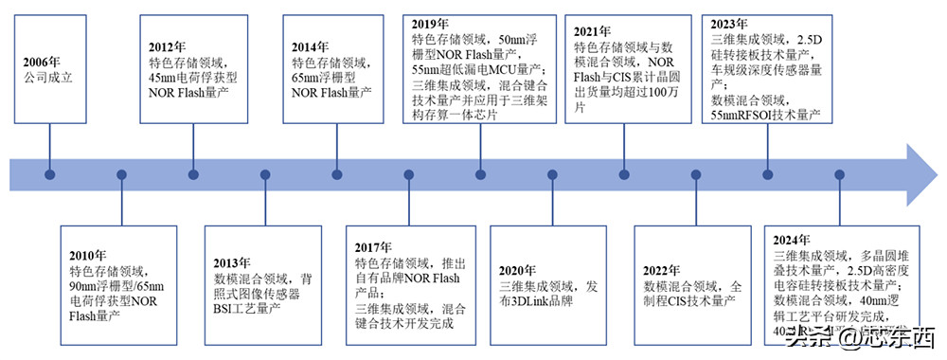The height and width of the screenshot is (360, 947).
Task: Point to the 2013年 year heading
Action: tap(232, 262)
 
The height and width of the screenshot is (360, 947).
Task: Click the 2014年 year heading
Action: tap(312, 46)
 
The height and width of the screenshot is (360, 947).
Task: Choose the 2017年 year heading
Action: tap(373, 247)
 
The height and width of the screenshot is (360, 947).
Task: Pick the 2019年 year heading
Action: tap(431, 24)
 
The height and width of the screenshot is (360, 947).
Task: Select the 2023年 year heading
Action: tap(729, 23)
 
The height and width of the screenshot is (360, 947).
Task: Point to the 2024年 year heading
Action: tap(792, 240)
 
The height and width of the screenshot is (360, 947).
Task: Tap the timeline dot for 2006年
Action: tap(49, 175)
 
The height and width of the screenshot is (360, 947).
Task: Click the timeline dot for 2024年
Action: tap(839, 175)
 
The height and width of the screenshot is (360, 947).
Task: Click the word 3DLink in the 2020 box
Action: tap(536, 300)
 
